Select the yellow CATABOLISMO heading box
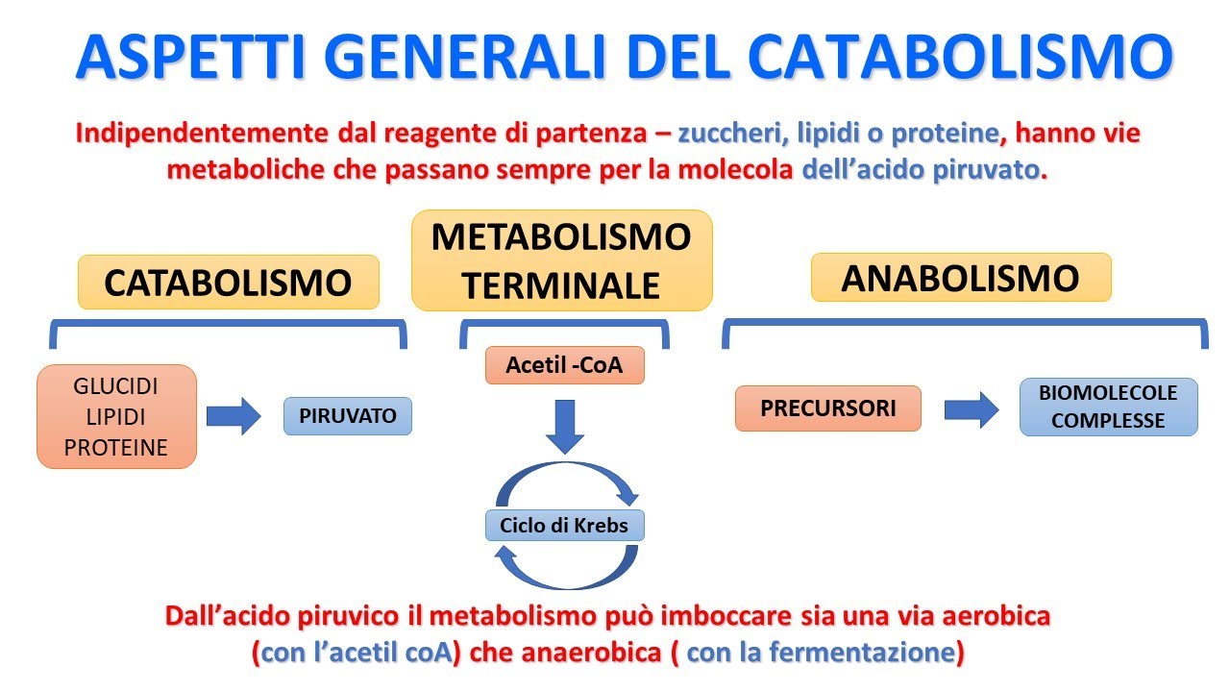pyautogui.click(x=228, y=283)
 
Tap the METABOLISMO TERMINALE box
pyautogui.click(x=561, y=260)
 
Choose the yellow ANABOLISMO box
pyautogui.click(x=960, y=278)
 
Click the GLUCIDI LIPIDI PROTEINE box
pyautogui.click(x=116, y=416)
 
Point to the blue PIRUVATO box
pyautogui.click(x=347, y=416)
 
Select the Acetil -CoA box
pyautogui.click(x=563, y=365)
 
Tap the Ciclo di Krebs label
pyautogui.click(x=564, y=526)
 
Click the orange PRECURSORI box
pyautogui.click(x=827, y=408)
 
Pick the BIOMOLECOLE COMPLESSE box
pyautogui.click(x=1107, y=407)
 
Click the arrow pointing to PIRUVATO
pyautogui.click(x=234, y=416)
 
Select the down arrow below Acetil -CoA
pyautogui.click(x=564, y=427)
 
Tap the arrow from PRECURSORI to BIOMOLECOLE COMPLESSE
pyautogui.click(x=972, y=409)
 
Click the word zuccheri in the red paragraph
pyautogui.click(x=733, y=134)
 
